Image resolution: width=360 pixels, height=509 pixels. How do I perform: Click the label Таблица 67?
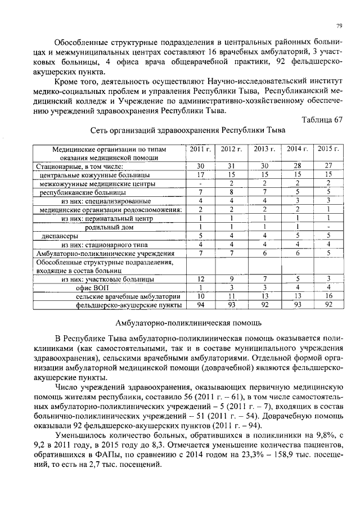coord(322,119)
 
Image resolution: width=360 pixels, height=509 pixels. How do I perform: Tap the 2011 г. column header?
coord(200,149)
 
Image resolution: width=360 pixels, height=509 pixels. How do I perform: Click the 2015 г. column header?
coord(328,149)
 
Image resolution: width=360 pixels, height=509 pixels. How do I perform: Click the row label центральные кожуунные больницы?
coord(87,175)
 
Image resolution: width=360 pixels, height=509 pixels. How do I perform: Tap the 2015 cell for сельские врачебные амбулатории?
coord(328,296)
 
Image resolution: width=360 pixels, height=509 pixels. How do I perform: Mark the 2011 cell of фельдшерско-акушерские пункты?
coord(200,305)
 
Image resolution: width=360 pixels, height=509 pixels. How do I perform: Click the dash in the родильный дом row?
coord(328,227)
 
